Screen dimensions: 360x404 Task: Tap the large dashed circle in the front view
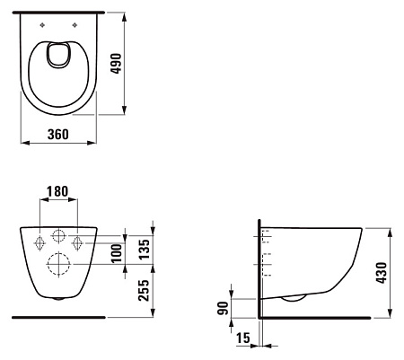(x=59, y=265)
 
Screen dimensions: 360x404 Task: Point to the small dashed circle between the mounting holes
(x=59, y=238)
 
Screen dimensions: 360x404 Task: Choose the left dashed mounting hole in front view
(x=40, y=242)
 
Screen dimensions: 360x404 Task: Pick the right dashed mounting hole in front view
(x=78, y=242)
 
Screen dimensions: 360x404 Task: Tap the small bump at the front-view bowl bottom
(x=59, y=298)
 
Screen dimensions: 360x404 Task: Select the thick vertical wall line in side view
(x=259, y=269)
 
